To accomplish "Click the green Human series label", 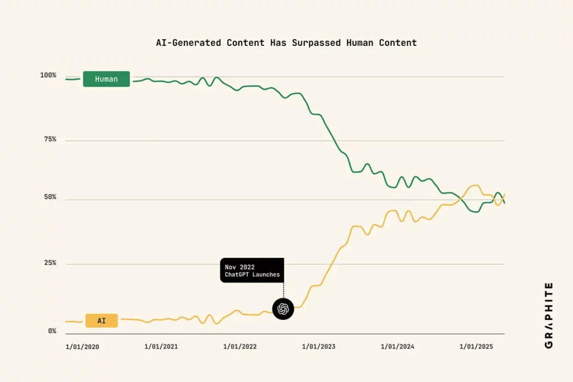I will [x=106, y=79].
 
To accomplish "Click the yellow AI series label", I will [x=101, y=320].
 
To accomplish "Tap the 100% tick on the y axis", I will [x=48, y=75].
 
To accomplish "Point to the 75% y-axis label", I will [x=50, y=139].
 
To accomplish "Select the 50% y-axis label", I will [x=50, y=197].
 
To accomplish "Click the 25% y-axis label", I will [x=50, y=263].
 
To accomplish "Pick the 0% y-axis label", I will [x=51, y=331].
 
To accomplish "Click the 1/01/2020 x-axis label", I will [x=82, y=347].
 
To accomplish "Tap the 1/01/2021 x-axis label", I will [x=161, y=347].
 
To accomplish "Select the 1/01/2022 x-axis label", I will [x=240, y=347].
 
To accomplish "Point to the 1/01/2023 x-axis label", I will [x=319, y=347].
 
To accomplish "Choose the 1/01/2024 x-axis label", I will [x=398, y=347].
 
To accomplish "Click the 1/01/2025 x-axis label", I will [x=477, y=347].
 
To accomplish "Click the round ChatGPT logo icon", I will [x=283, y=309].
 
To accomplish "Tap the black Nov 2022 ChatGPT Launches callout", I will [x=252, y=270].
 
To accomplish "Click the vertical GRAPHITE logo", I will [x=548, y=315].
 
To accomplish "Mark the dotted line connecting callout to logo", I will [x=284, y=290].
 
